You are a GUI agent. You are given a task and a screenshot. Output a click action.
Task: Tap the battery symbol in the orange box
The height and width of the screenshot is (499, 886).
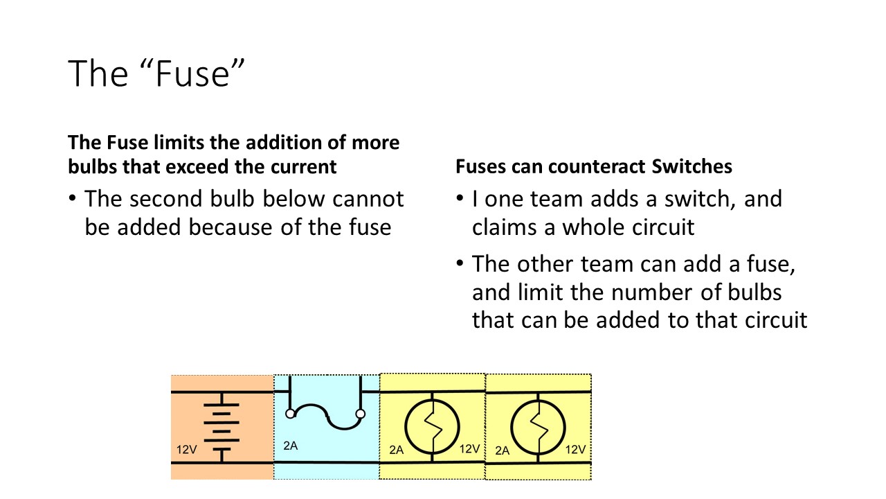tap(221, 426)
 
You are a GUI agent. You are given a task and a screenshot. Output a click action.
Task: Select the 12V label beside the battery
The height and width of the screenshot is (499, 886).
tap(186, 450)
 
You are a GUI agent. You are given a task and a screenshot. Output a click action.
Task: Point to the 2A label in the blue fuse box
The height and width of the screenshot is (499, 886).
tap(291, 446)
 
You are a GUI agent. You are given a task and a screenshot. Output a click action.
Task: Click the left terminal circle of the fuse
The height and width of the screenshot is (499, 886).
tap(291, 414)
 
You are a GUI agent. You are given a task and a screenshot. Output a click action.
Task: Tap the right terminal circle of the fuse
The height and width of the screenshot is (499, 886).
tap(360, 414)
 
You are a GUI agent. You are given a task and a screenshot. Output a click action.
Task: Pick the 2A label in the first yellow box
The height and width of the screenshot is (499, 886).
tap(396, 450)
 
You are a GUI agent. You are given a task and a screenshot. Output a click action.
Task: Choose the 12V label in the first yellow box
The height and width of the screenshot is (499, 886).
tap(469, 449)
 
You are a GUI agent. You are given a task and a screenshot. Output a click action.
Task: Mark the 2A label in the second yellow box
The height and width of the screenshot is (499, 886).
tap(503, 450)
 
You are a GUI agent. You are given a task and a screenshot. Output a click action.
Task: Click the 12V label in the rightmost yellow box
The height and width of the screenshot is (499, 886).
tap(575, 449)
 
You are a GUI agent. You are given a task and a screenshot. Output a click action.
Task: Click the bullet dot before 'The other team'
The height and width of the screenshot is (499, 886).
tap(460, 265)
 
